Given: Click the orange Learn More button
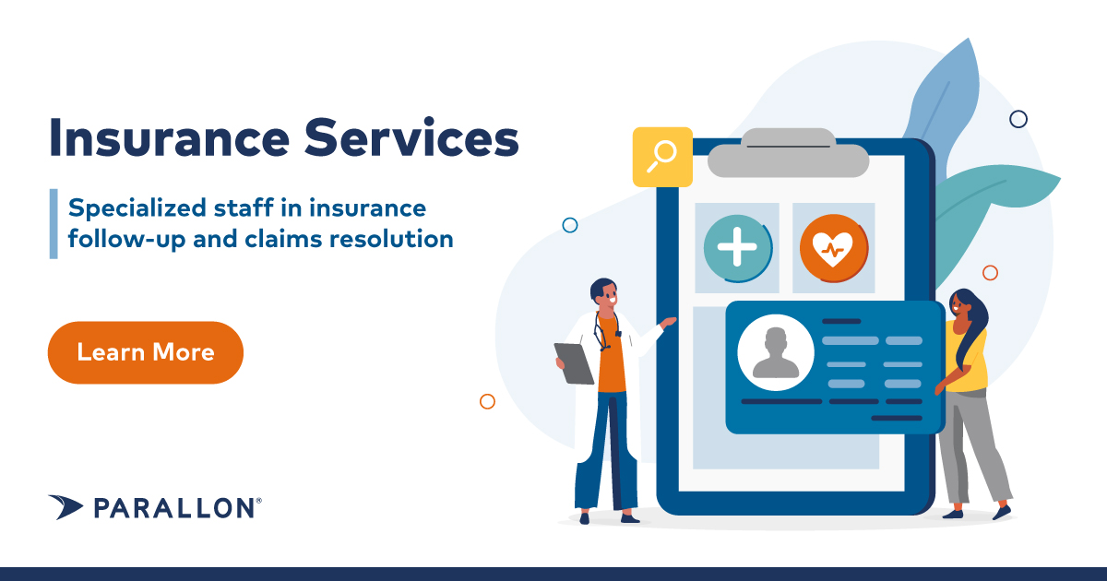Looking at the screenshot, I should click(x=145, y=352).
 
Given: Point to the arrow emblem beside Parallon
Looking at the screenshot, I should click(x=66, y=506).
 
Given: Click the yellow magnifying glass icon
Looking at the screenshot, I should click(x=661, y=157).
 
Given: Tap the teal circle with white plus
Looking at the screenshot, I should click(x=737, y=248).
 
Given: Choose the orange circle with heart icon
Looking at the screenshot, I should click(x=833, y=248).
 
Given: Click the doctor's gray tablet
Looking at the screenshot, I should click(x=575, y=362).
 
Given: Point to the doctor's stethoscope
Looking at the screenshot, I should click(x=603, y=332).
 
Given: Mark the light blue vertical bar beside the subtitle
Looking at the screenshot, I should click(x=54, y=223).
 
